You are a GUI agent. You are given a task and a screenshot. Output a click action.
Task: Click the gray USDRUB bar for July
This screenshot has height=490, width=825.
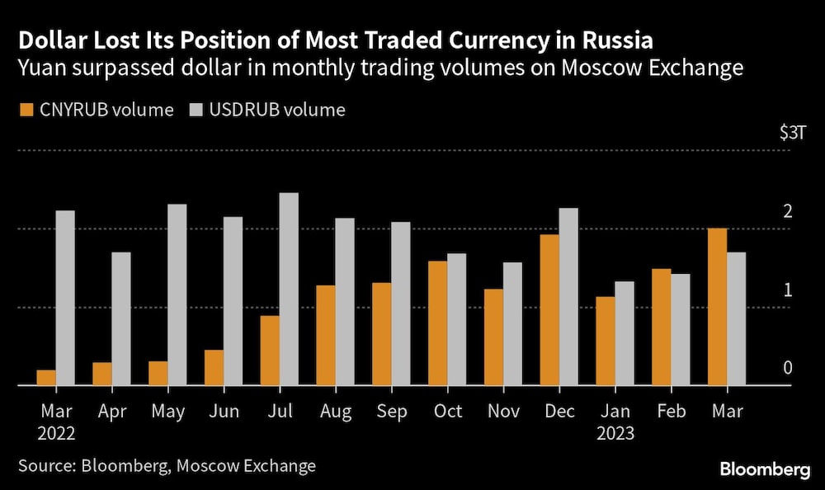pyautogui.click(x=289, y=289)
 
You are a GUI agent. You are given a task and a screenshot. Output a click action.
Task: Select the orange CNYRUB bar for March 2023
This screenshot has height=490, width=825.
pyautogui.click(x=718, y=307)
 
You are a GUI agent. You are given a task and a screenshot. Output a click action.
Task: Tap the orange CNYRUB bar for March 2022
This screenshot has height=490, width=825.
pyautogui.click(x=46, y=378)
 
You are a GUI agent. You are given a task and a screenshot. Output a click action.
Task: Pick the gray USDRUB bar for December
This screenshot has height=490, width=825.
pyautogui.click(x=568, y=296)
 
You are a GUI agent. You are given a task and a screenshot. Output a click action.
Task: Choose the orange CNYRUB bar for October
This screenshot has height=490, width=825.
pyautogui.click(x=438, y=323)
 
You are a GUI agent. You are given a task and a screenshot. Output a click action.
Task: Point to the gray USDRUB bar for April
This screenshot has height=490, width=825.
pyautogui.click(x=121, y=318)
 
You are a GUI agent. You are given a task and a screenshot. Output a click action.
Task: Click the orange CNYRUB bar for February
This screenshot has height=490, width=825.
pyautogui.click(x=662, y=327)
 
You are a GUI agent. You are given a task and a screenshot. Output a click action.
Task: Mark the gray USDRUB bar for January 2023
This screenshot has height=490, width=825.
pyautogui.click(x=625, y=333)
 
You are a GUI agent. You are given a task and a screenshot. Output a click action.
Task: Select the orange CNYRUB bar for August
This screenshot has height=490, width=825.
pyautogui.click(x=326, y=335)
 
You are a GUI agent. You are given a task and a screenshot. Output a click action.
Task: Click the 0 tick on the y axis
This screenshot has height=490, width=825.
pyautogui.click(x=787, y=368)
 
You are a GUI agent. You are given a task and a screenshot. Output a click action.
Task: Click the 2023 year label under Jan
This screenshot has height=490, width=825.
pyautogui.click(x=615, y=432)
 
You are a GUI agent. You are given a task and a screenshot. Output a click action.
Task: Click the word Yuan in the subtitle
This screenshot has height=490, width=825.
pyautogui.click(x=41, y=68)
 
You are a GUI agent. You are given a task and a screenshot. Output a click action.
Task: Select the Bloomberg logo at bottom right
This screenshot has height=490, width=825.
pyautogui.click(x=765, y=469)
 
